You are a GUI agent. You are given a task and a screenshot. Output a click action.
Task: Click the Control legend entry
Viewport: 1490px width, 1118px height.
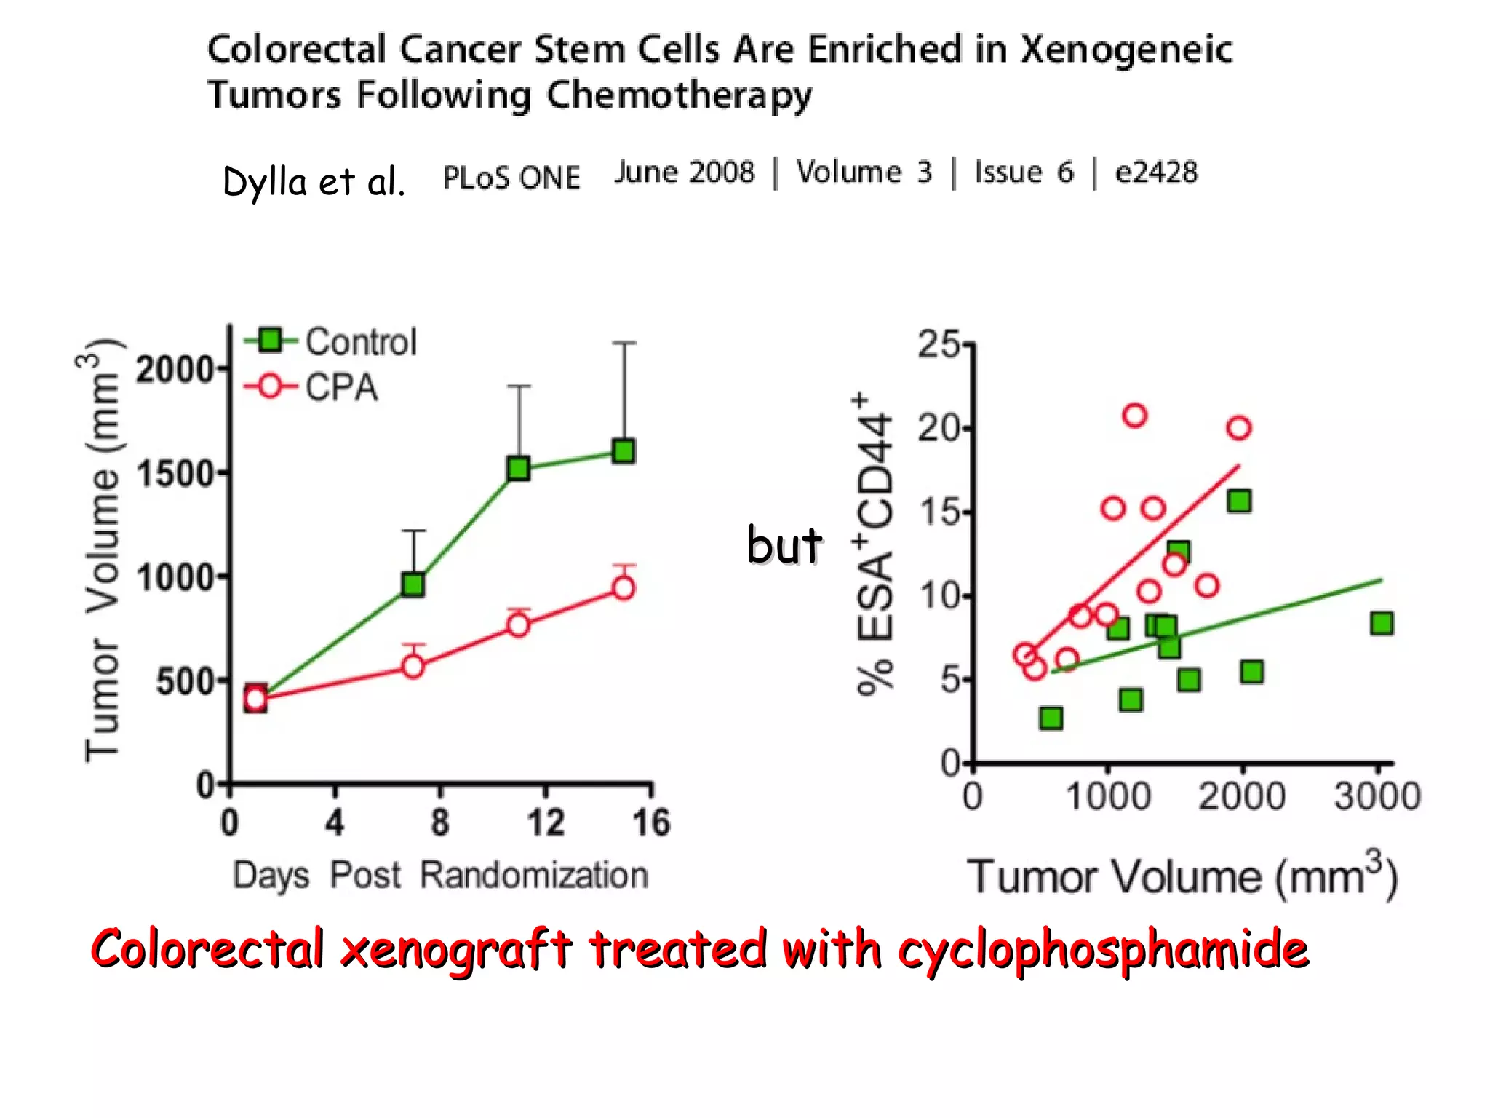click(331, 341)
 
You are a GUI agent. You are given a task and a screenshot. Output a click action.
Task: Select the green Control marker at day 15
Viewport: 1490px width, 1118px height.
click(624, 451)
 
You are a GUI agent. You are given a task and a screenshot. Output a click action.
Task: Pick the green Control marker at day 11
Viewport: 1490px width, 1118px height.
click(518, 469)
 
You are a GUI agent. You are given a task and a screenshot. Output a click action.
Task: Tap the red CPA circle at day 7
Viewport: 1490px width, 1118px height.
click(413, 666)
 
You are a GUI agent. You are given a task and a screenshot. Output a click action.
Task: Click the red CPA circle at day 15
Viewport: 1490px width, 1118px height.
click(624, 587)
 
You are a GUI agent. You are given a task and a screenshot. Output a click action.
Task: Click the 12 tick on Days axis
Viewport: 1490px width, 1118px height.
click(545, 823)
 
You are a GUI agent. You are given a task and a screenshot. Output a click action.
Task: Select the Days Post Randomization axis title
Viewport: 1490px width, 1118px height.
click(440, 876)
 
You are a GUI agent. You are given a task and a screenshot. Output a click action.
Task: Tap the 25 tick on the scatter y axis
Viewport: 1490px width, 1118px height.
click(939, 345)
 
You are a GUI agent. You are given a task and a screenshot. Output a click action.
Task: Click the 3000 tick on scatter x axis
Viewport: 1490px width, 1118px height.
click(1377, 796)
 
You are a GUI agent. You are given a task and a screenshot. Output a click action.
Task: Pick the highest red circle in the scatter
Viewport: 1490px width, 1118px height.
click(1134, 416)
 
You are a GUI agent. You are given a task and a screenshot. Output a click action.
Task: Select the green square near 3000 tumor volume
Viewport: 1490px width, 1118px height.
click(1381, 624)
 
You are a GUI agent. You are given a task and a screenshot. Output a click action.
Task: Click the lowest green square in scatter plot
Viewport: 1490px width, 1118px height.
click(1051, 718)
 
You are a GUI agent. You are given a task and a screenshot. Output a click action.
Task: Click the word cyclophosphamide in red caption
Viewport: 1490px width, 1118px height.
click(1102, 950)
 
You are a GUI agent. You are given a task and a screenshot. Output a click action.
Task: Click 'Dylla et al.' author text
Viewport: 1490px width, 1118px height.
click(314, 182)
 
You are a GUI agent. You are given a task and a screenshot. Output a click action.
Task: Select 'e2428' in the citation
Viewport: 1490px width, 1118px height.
click(1156, 173)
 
